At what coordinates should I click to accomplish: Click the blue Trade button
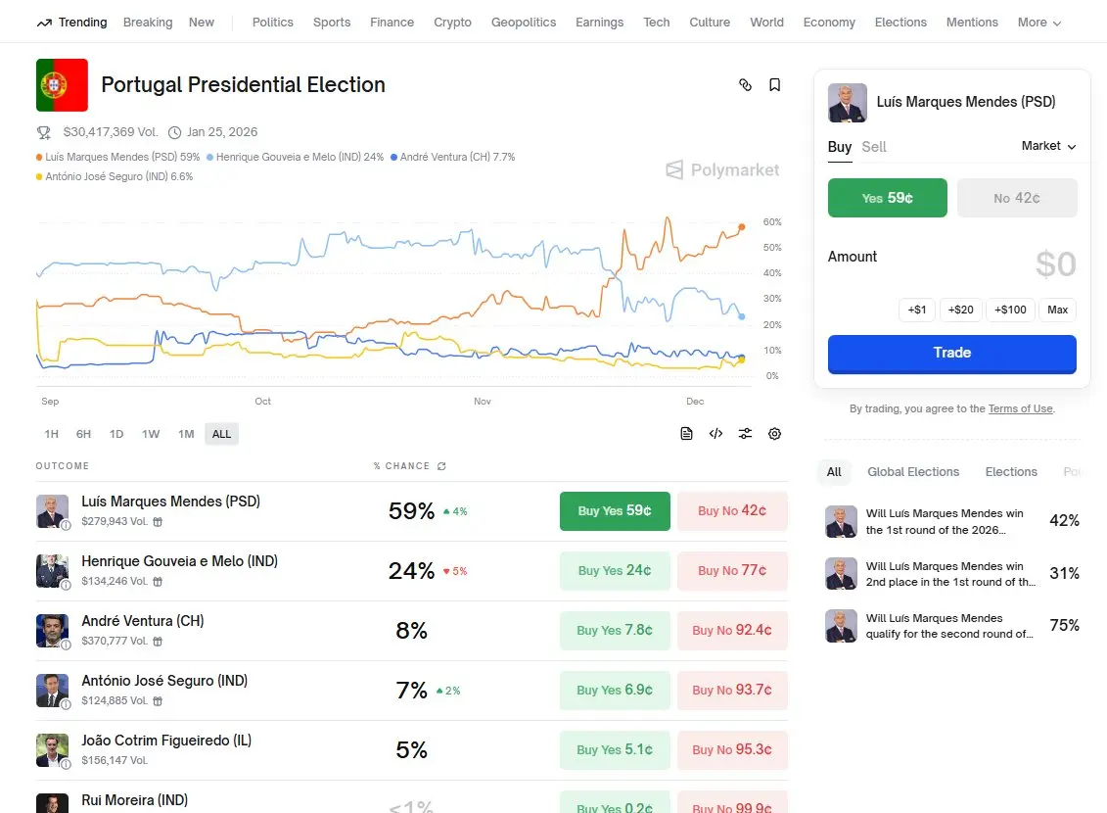(x=951, y=354)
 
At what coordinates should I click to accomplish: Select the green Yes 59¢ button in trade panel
(x=887, y=198)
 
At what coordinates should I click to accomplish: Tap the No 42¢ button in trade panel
(x=1017, y=198)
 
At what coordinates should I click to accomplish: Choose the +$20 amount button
(x=960, y=310)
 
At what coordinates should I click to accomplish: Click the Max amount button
(x=1057, y=310)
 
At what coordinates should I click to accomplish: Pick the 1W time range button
(x=150, y=434)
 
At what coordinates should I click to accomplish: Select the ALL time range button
(x=221, y=434)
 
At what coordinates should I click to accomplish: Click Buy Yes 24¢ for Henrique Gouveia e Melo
(x=615, y=571)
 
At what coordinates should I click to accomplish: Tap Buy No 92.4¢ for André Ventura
(x=732, y=631)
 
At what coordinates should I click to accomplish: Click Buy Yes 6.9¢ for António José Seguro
(x=615, y=691)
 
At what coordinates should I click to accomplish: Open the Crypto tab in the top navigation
(x=452, y=22)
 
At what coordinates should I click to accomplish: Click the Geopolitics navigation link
(x=524, y=22)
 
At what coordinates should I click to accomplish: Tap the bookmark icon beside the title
(x=774, y=85)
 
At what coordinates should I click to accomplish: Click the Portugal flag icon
(x=62, y=85)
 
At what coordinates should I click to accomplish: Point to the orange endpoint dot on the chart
(x=741, y=227)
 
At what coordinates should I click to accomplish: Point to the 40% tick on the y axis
(x=771, y=273)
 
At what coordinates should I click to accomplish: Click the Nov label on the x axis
(x=483, y=402)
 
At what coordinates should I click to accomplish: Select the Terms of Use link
(x=1020, y=408)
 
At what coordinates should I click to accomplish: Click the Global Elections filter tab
(x=913, y=472)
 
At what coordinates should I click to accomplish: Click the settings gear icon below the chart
(x=774, y=434)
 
